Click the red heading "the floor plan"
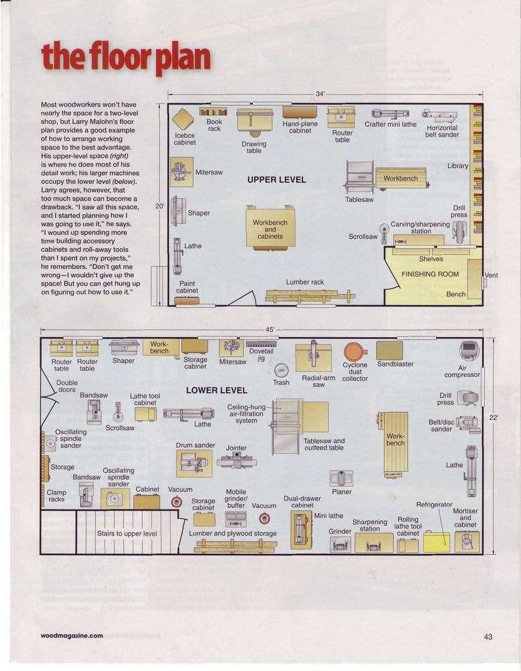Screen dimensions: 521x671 (x=126, y=58)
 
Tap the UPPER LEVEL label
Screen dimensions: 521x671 (x=277, y=180)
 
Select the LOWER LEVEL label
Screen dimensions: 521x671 (x=217, y=391)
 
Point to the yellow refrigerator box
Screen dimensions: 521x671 (x=437, y=542)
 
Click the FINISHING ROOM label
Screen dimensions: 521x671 (x=430, y=274)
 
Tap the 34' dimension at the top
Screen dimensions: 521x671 (x=321, y=94)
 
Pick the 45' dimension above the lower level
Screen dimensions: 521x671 (x=270, y=330)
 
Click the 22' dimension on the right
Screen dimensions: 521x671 (x=494, y=417)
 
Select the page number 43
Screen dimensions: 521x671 (x=488, y=637)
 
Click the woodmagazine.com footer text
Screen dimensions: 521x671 (x=72, y=635)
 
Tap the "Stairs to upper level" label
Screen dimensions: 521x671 (x=127, y=533)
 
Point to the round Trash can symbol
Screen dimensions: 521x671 (x=281, y=370)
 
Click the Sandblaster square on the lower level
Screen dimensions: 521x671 (x=390, y=350)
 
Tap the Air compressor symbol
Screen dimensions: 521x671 (x=469, y=351)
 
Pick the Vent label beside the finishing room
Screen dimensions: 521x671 (x=491, y=275)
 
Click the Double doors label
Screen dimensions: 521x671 (x=67, y=386)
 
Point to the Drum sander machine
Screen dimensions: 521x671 (x=194, y=463)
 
